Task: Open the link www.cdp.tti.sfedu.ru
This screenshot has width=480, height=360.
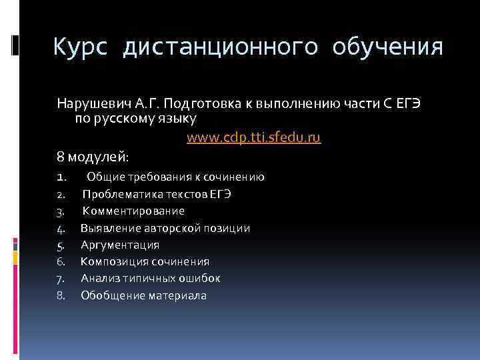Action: (x=253, y=138)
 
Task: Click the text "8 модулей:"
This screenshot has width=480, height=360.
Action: (x=93, y=157)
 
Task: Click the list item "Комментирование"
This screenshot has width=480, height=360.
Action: (x=133, y=211)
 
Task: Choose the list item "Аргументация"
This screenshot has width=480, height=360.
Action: (x=120, y=245)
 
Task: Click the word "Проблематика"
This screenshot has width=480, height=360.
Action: (x=120, y=194)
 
